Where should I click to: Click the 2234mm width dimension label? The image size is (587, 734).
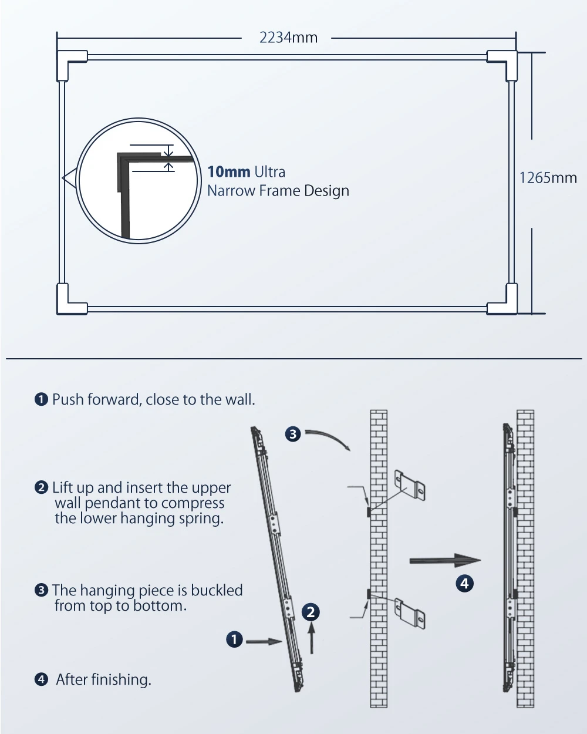[288, 38]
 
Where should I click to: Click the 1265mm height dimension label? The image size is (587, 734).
[548, 178]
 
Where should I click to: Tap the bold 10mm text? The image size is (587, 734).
[229, 172]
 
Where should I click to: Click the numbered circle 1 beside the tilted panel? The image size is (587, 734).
[234, 639]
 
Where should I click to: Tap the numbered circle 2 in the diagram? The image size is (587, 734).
[311, 612]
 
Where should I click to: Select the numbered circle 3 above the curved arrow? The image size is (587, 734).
[293, 434]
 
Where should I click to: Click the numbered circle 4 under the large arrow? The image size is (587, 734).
[464, 583]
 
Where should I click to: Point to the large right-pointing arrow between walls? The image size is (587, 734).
[445, 560]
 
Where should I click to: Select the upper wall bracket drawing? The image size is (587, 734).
[410, 486]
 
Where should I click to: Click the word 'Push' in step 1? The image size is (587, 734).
[68, 400]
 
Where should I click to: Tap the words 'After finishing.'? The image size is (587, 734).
[104, 679]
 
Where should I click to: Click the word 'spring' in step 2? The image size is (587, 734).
[204, 518]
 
